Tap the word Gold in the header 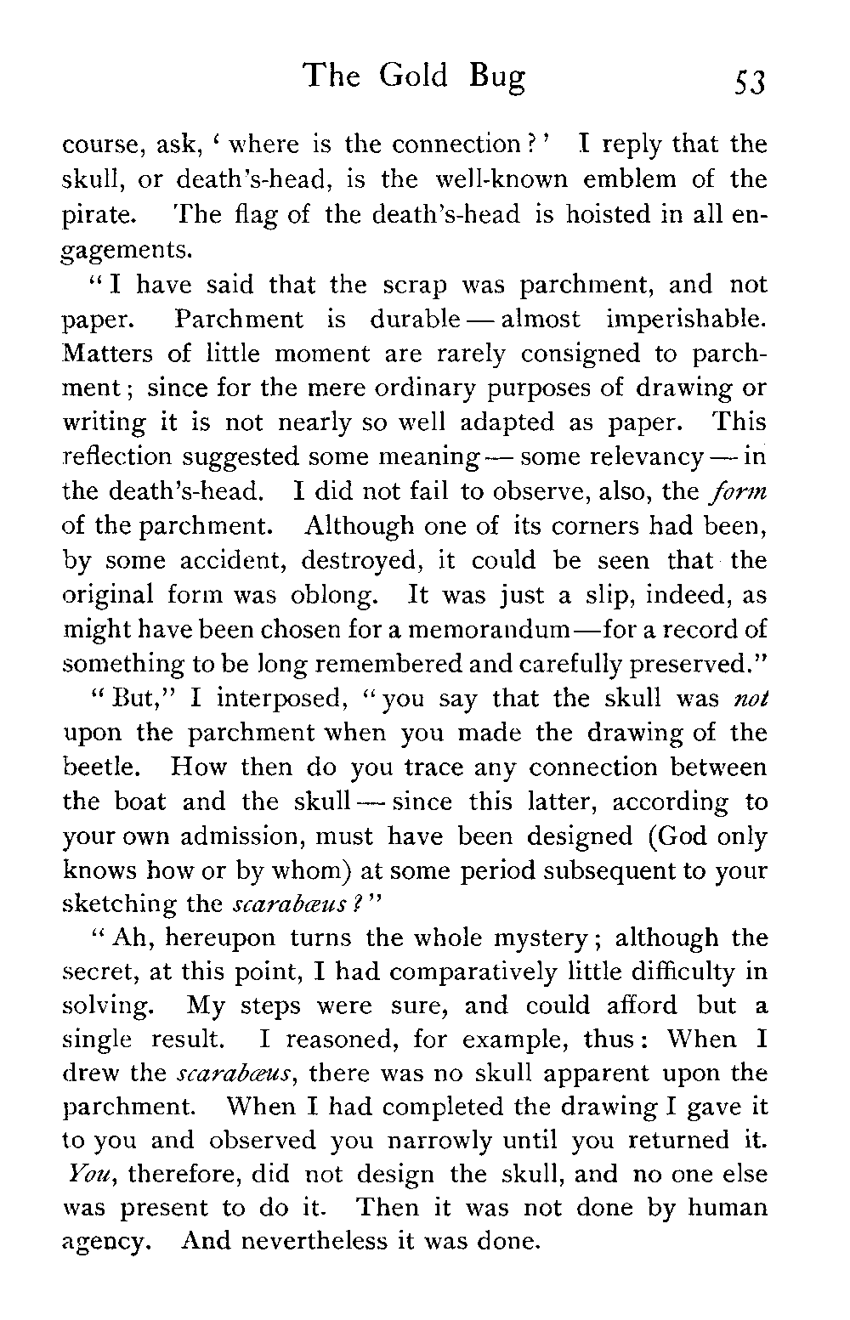tap(413, 76)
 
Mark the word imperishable tap(688, 320)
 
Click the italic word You tap(82, 1175)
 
